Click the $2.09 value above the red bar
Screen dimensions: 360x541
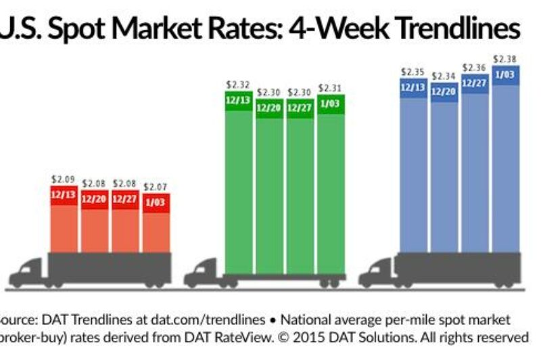pos(63,179)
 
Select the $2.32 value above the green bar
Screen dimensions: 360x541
pos(238,85)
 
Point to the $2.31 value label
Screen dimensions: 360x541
pos(330,88)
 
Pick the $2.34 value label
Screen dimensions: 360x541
pos(444,76)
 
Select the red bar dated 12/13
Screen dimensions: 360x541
pos(64,223)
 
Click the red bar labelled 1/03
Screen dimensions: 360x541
pos(156,227)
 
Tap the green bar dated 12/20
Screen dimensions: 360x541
pos(268,189)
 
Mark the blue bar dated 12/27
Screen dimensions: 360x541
pos(475,169)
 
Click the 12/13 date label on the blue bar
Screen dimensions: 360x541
pos(413,87)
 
